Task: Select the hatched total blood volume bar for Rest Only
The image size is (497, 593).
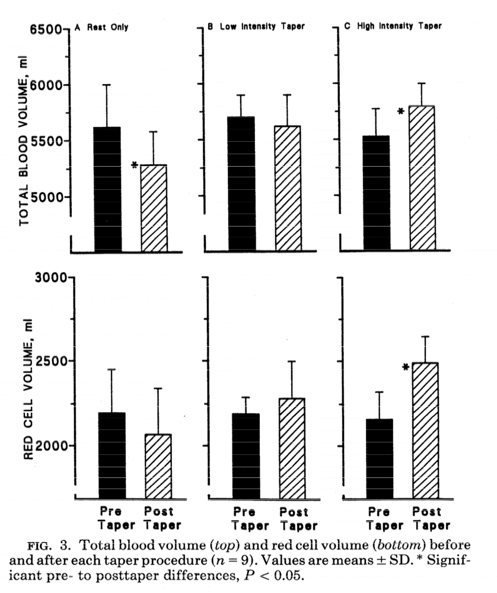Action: tap(154, 208)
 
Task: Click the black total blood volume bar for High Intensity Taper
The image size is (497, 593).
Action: tap(377, 192)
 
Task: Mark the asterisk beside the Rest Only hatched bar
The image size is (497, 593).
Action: tap(134, 165)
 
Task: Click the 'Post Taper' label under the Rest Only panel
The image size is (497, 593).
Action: tap(161, 518)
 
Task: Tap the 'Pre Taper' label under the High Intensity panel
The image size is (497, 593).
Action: tap(380, 518)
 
